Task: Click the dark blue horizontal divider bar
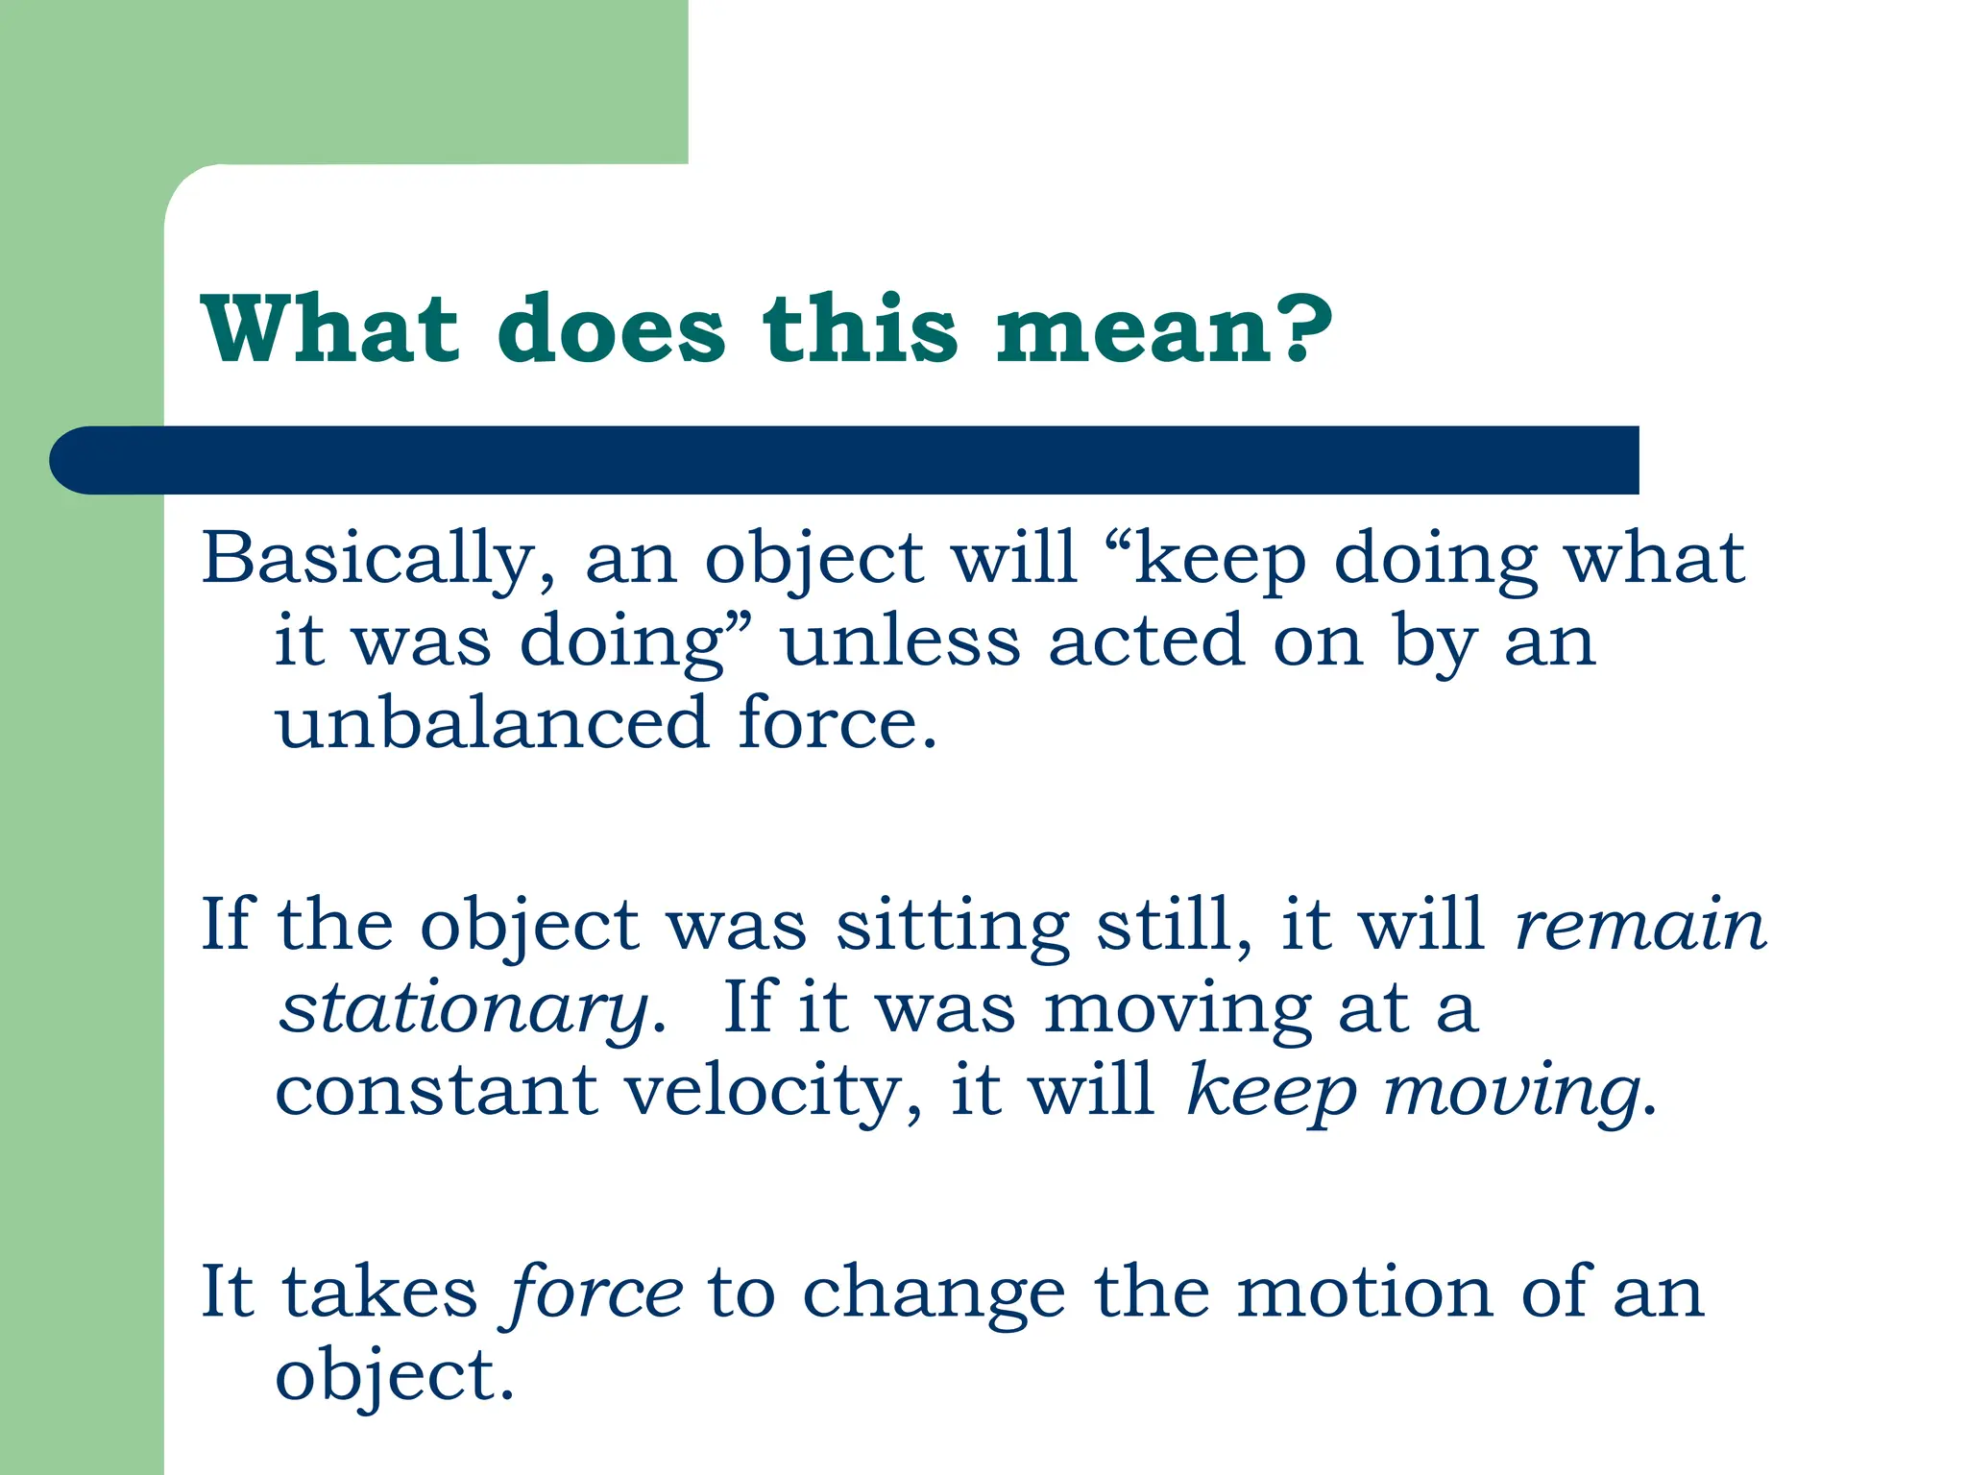(843, 460)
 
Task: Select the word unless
(900, 641)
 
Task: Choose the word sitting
(952, 928)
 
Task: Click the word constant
(436, 1091)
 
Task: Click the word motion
(1365, 1293)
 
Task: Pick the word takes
(379, 1293)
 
